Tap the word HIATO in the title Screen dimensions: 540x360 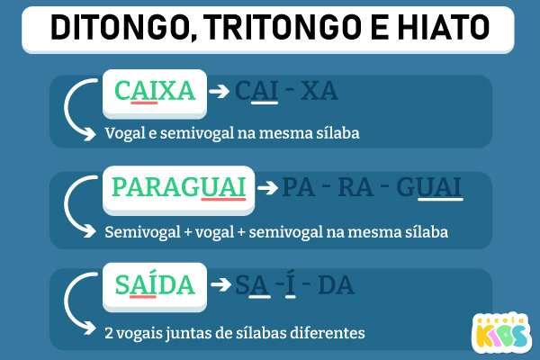tap(444, 27)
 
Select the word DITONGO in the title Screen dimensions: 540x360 tap(123, 28)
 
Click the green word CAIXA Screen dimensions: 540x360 tap(155, 91)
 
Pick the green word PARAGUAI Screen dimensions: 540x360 tap(179, 187)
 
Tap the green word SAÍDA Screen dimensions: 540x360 tap(155, 284)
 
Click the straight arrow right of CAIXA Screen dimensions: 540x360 tap(220, 91)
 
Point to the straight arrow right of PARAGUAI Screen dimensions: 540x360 tap(267, 188)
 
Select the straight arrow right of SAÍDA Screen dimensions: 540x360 tap(220, 284)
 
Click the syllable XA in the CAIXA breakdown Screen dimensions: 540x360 tap(319, 91)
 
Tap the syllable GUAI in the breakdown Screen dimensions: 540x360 tap(428, 188)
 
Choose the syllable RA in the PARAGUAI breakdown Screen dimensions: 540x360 tap(355, 188)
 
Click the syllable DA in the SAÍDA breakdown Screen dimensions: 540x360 tap(336, 285)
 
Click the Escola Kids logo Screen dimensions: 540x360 tap(501, 332)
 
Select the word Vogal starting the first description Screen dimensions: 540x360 tap(125, 134)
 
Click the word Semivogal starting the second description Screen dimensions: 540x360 tap(142, 232)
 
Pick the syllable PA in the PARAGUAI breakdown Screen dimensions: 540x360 tap(299, 188)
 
